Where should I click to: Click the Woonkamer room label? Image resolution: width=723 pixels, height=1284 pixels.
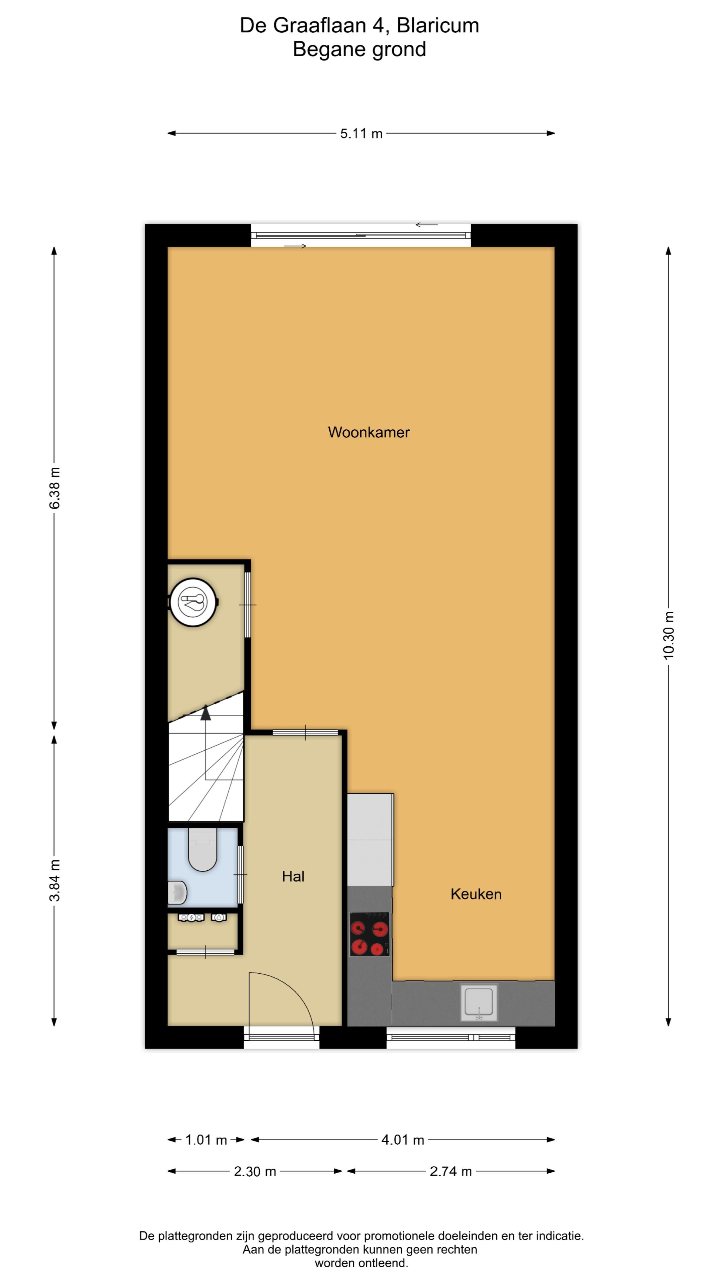369,432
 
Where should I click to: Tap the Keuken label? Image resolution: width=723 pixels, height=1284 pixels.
476,894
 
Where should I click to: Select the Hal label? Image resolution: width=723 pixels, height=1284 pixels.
293,876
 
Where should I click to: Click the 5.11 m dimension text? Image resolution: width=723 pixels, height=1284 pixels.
361,134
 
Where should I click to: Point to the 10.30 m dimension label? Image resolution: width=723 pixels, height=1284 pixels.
669,636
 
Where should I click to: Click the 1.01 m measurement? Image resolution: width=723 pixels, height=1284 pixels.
206,1140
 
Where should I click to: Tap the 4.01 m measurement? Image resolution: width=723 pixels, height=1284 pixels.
403,1140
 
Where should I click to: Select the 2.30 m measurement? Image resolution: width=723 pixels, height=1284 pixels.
255,1171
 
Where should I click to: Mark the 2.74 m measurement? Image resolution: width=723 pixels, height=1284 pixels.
451,1171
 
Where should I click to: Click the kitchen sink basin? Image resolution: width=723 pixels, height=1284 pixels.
479,1002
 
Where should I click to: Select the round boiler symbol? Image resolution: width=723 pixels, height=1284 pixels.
193,602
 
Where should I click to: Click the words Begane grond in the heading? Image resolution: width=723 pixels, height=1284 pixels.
359,49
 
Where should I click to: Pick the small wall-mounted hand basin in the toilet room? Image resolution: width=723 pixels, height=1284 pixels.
177,893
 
